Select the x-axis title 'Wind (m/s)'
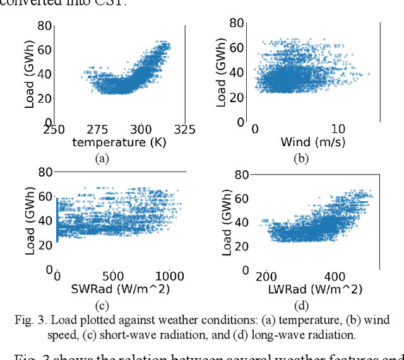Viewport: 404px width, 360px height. [x=312, y=142]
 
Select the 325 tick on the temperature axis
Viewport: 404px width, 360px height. [x=185, y=129]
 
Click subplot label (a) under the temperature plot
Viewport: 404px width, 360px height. [x=102, y=159]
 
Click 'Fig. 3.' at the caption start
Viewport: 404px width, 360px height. [x=28, y=320]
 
